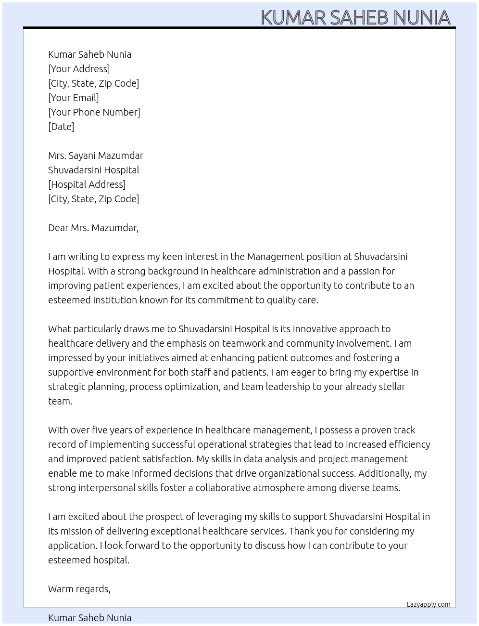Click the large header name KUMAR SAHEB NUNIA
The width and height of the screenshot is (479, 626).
(355, 17)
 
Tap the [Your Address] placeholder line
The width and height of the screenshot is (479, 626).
(79, 69)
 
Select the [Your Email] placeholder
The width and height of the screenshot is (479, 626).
(73, 98)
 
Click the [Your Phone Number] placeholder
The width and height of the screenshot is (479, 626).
(94, 112)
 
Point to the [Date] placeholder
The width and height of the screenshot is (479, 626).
(61, 127)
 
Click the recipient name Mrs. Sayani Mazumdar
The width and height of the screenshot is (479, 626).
(95, 156)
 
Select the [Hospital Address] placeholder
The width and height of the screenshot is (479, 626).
(87, 184)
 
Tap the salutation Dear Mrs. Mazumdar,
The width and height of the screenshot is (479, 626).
(93, 228)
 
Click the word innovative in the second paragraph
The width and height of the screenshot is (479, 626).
(315, 329)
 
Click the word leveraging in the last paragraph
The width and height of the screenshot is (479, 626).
(219, 517)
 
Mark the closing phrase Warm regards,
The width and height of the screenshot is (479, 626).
(79, 589)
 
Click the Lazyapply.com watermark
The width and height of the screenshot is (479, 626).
(428, 604)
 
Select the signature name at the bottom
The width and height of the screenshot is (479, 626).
(89, 618)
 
